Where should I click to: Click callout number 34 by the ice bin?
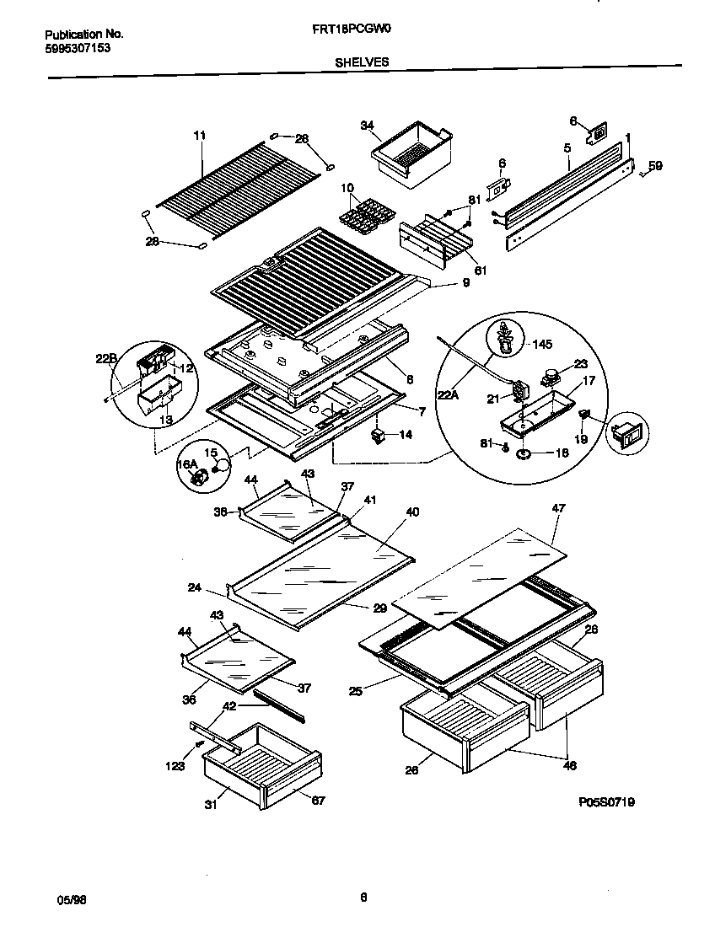coord(367,126)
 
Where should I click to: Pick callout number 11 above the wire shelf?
coord(199,135)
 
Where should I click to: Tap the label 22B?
coord(105,359)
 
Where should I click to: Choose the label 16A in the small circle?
coord(185,464)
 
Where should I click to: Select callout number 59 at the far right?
coord(655,166)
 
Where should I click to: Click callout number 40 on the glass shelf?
coord(411,512)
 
